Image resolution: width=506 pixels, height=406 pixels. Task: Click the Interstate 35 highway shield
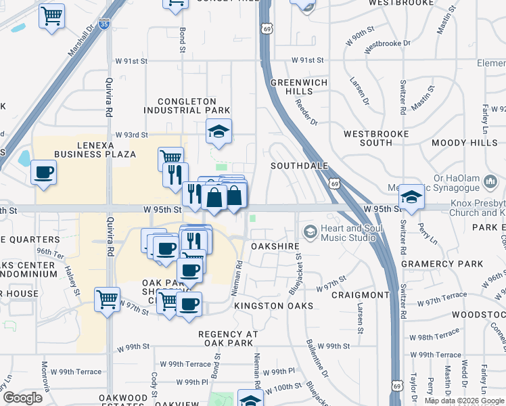click(x=103, y=24)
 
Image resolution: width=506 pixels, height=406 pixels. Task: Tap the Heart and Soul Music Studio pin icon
click(x=310, y=232)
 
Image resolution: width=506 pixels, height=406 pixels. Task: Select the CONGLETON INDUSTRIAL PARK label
click(x=187, y=106)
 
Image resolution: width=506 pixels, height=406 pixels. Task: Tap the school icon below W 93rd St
click(x=218, y=131)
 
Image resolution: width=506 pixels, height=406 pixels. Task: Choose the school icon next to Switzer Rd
click(x=410, y=196)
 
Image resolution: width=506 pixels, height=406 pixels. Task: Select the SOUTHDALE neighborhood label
click(x=299, y=166)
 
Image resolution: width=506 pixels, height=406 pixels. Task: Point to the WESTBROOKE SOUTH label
click(x=377, y=138)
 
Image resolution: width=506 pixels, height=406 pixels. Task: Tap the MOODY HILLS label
click(x=461, y=143)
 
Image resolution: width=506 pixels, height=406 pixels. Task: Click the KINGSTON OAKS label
click(x=273, y=307)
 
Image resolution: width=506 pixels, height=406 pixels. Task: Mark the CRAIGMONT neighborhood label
click(x=361, y=295)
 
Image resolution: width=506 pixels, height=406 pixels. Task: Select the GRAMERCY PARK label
click(x=432, y=263)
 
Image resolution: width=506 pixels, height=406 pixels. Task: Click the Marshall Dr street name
click(x=80, y=41)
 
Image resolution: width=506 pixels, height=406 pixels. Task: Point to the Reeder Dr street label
click(x=306, y=112)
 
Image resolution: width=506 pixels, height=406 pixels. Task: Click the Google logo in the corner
click(x=22, y=397)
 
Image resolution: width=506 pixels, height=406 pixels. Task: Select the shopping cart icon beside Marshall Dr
click(x=51, y=16)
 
